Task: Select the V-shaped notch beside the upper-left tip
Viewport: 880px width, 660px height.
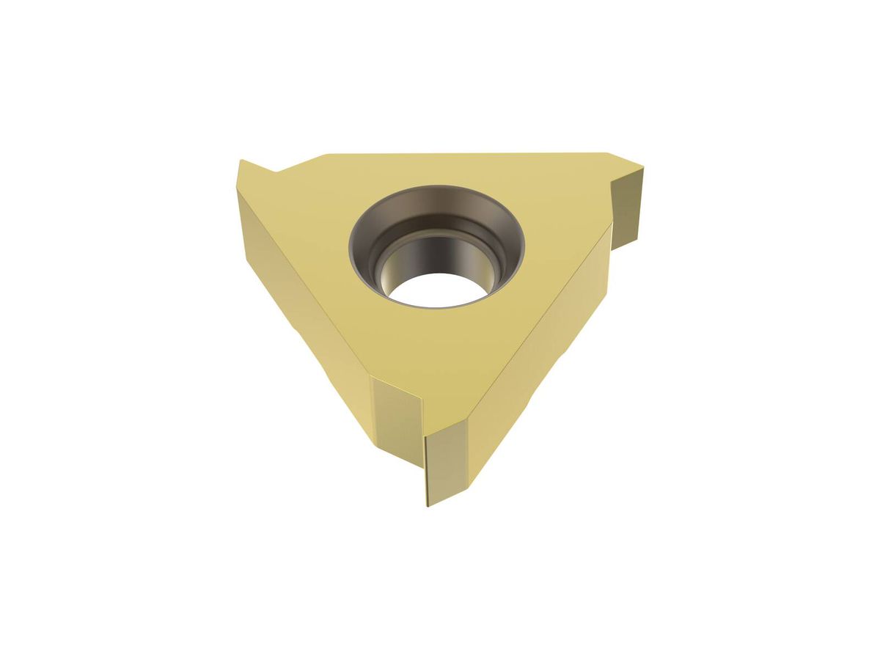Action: point(276,172)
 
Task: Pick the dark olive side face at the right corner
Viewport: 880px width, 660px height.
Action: point(627,205)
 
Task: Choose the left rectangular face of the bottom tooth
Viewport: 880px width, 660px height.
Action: point(396,418)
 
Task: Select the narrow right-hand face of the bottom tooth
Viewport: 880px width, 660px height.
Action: point(445,462)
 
